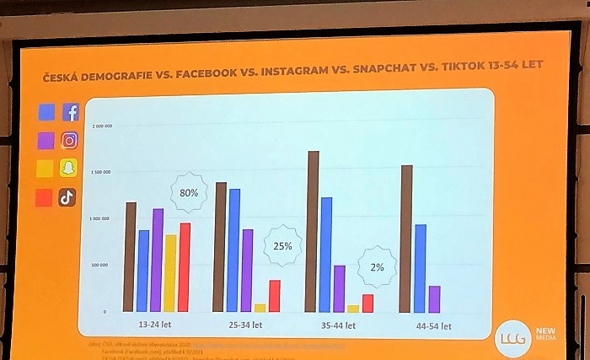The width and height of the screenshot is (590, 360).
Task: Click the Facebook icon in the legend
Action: pyautogui.click(x=71, y=112)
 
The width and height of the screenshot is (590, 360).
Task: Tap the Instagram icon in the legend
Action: pyautogui.click(x=70, y=141)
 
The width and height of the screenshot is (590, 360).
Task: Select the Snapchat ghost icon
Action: pyautogui.click(x=69, y=169)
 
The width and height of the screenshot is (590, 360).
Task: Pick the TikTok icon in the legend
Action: pyautogui.click(x=67, y=198)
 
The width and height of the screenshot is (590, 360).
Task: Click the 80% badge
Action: pyautogui.click(x=189, y=193)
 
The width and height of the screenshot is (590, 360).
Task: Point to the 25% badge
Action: pyautogui.click(x=282, y=246)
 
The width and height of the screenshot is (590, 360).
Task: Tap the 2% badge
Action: pyautogui.click(x=376, y=267)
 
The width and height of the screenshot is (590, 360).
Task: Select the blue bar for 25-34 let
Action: pyautogui.click(x=234, y=250)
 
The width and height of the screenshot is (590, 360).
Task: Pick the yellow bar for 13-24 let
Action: pyautogui.click(x=170, y=273)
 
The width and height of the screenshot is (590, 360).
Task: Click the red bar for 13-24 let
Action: pyautogui.click(x=185, y=267)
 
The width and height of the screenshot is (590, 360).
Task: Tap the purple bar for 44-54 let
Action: pyautogui.click(x=434, y=298)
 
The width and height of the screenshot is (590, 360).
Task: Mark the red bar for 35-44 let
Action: pyautogui.click(x=367, y=303)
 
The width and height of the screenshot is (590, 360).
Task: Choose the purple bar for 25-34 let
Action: pyautogui.click(x=248, y=270)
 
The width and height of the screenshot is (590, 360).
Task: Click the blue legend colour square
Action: pyautogui.click(x=46, y=112)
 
